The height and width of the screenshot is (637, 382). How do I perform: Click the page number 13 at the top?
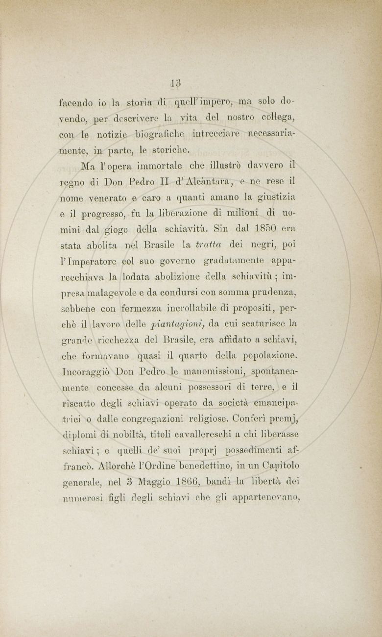click(x=176, y=82)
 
